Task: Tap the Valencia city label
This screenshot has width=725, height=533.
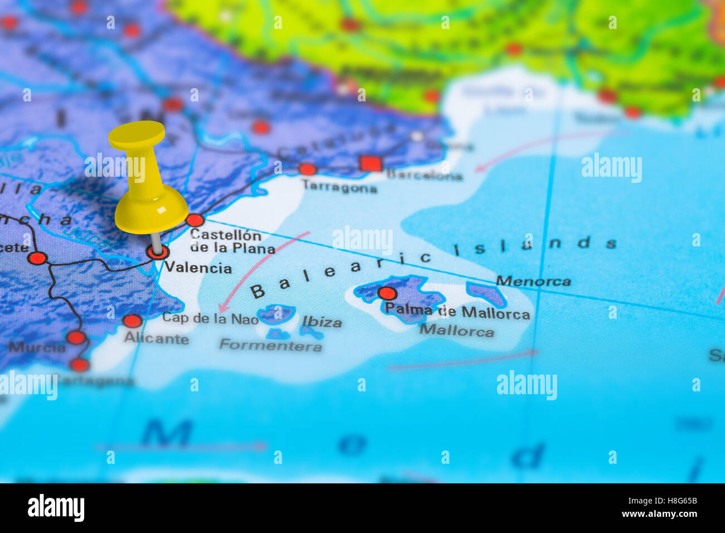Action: [x=198, y=268]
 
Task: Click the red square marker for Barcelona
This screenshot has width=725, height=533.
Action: [x=370, y=163]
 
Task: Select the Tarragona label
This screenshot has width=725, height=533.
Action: [x=340, y=188]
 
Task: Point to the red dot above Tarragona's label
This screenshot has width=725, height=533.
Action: [x=307, y=169]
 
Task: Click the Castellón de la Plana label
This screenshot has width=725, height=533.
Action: [x=231, y=241]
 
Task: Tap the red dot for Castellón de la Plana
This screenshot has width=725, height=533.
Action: [x=195, y=220]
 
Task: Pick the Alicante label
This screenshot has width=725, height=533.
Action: [x=156, y=338]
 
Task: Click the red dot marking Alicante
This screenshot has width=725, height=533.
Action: [x=132, y=321]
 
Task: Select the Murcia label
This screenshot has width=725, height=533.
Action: [x=37, y=347]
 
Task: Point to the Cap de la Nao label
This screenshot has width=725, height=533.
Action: [x=210, y=318]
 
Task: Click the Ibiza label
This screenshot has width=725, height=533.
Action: [x=322, y=322]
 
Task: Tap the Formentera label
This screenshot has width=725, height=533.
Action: [x=270, y=345]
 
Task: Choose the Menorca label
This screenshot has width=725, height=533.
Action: [x=533, y=281]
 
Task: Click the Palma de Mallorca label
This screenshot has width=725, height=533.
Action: [x=457, y=313]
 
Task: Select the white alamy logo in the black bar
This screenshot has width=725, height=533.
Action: [x=56, y=508]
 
